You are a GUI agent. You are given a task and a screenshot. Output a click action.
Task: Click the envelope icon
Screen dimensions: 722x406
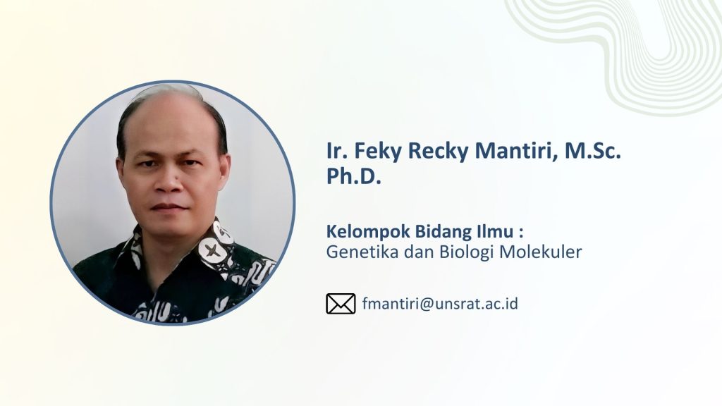(341, 304)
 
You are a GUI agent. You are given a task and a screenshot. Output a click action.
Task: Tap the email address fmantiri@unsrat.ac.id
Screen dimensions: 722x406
(440, 304)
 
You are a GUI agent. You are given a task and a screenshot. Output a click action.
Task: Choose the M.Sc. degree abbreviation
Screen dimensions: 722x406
(593, 151)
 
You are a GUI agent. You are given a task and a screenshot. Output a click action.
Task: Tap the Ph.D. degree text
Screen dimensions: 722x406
(354, 176)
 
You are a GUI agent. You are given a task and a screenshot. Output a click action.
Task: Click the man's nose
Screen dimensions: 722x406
(169, 180)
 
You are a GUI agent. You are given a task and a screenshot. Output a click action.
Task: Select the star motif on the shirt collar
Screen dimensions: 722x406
(212, 250)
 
